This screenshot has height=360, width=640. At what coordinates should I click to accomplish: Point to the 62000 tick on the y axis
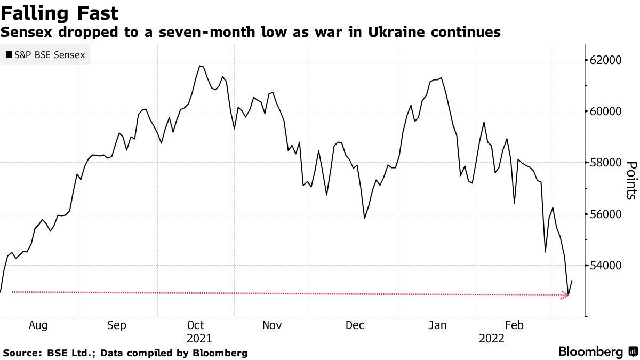click(x=607, y=60)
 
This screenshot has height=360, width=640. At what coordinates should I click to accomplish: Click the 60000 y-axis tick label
click(x=607, y=111)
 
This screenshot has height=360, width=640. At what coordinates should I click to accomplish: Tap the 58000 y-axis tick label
click(x=607, y=163)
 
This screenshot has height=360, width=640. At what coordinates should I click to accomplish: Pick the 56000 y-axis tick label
click(x=607, y=214)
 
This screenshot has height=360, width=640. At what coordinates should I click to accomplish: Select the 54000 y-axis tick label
click(x=607, y=266)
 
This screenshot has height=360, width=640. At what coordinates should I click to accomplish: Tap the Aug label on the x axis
click(x=38, y=325)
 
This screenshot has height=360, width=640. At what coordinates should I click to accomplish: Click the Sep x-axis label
click(x=116, y=325)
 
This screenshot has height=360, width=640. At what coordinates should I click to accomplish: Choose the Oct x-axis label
click(x=196, y=325)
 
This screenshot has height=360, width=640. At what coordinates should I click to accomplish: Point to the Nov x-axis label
click(x=273, y=325)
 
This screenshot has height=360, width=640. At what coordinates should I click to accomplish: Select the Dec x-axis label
click(x=355, y=325)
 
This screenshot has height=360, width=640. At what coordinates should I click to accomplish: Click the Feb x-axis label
click(x=514, y=325)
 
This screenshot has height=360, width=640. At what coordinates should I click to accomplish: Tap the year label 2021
click(x=199, y=338)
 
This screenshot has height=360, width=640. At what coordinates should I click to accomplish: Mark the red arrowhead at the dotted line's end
click(x=566, y=295)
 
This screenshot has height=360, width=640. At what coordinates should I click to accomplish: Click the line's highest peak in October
click(x=199, y=66)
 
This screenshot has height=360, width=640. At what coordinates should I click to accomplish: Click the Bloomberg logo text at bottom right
click(x=591, y=352)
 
